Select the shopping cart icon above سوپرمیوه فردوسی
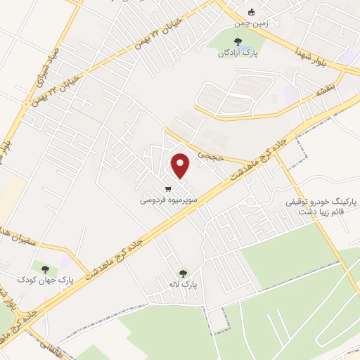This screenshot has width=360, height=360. pyautogui.click(x=168, y=188)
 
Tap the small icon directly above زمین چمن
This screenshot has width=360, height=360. pyautogui.click(x=252, y=11)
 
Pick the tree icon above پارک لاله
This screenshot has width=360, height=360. pyautogui.click(x=184, y=274)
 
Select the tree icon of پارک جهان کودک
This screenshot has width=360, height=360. pyautogui.click(x=46, y=269)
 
